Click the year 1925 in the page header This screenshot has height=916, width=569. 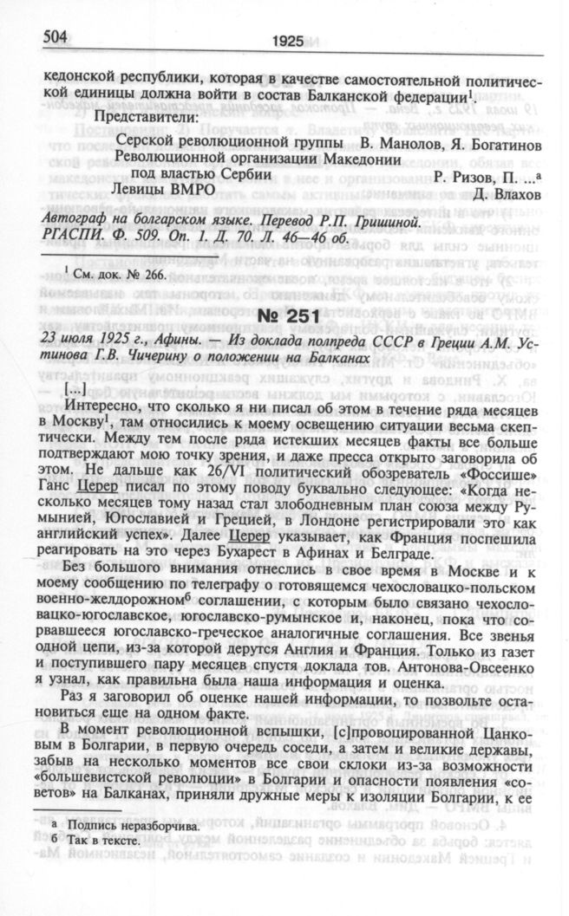tap(286, 40)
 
